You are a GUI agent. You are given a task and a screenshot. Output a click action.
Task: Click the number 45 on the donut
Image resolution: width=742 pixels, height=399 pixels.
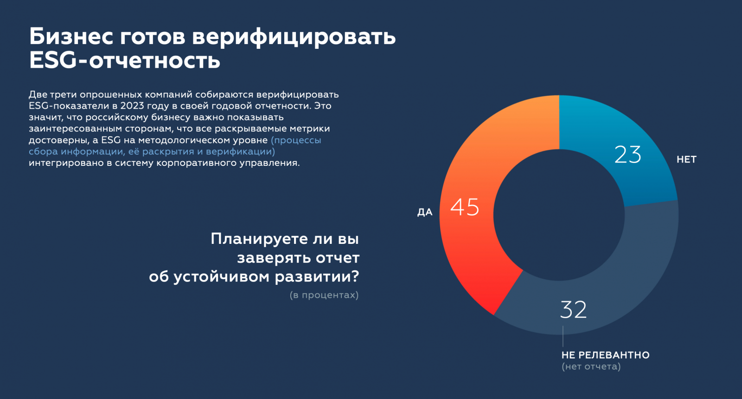465,207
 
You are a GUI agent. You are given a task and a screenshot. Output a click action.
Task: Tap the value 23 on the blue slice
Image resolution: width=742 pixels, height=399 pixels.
628,154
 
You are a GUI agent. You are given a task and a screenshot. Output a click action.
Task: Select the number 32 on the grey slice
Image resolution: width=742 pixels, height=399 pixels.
573,309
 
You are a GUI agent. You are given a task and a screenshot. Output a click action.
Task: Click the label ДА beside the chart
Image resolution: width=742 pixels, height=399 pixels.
425,212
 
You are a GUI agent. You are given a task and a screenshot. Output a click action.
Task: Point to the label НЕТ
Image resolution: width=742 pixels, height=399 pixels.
686,159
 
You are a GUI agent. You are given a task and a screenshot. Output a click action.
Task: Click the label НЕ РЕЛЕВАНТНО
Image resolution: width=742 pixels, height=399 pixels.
605,355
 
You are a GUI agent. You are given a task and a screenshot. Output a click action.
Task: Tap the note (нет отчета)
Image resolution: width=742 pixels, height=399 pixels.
591,366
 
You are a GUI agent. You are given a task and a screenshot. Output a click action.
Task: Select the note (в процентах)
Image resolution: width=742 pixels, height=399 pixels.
324,295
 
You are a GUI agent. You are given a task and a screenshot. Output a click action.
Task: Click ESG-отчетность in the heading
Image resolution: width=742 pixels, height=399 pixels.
124,60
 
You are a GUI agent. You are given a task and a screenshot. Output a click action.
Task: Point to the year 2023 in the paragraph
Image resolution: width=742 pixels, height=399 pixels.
132,106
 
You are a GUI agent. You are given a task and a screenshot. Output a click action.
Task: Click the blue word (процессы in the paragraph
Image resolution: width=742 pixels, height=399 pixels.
296,140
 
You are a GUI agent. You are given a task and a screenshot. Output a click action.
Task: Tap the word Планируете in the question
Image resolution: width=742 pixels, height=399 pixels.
259,239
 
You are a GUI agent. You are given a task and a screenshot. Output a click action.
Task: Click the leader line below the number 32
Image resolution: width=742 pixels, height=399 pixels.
563,336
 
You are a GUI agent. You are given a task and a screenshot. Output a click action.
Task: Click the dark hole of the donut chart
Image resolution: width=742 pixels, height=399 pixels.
559,215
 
